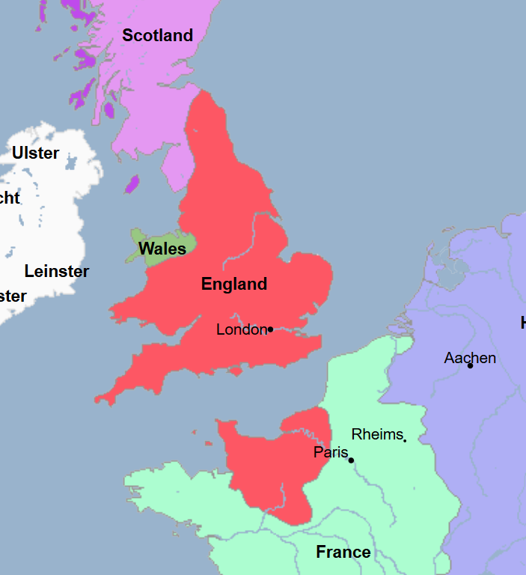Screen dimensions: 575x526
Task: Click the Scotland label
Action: [157, 35]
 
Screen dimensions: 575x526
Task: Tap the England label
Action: [234, 284]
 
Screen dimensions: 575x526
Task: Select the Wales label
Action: [162, 249]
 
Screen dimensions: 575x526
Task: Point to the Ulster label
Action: [35, 153]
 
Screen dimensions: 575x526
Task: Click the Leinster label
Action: [56, 271]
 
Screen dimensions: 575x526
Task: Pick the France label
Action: [343, 553]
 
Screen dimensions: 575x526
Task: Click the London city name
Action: [241, 329]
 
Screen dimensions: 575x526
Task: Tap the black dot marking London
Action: [270, 329]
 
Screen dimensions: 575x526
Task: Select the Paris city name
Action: [330, 453]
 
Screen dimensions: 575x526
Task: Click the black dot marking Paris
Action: [351, 460]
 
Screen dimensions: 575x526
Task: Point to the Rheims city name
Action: [376, 434]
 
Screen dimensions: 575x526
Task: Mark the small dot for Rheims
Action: [405, 439]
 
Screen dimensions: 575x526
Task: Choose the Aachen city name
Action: [469, 358]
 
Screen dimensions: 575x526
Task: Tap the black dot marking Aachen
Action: [470, 365]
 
